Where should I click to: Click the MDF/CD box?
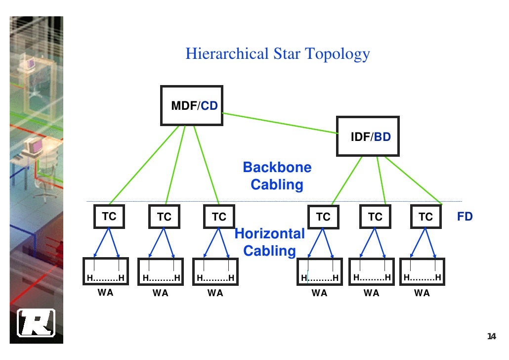pyautogui.click(x=191, y=105)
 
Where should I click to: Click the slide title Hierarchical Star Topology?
pyautogui.click(x=277, y=53)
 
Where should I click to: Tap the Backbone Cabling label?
pyautogui.click(x=277, y=176)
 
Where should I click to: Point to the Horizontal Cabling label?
pyautogui.click(x=270, y=242)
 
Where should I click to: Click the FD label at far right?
pyautogui.click(x=465, y=217)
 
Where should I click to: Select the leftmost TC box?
pyautogui.click(x=109, y=217)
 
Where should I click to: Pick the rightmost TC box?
pyautogui.click(x=425, y=217)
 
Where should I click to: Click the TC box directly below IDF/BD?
pyautogui.click(x=375, y=217)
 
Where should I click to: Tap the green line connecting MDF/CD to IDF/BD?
pyautogui.click(x=279, y=123)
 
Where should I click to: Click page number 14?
pyautogui.click(x=491, y=337)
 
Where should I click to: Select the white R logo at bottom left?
pyautogui.click(x=36, y=323)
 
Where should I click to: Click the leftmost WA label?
pyautogui.click(x=105, y=292)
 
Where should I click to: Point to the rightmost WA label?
pyautogui.click(x=422, y=293)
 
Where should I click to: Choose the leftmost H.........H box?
pyautogui.click(x=105, y=271)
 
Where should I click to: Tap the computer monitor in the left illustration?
pyautogui.click(x=34, y=145)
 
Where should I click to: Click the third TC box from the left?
pyautogui.click(x=219, y=217)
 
